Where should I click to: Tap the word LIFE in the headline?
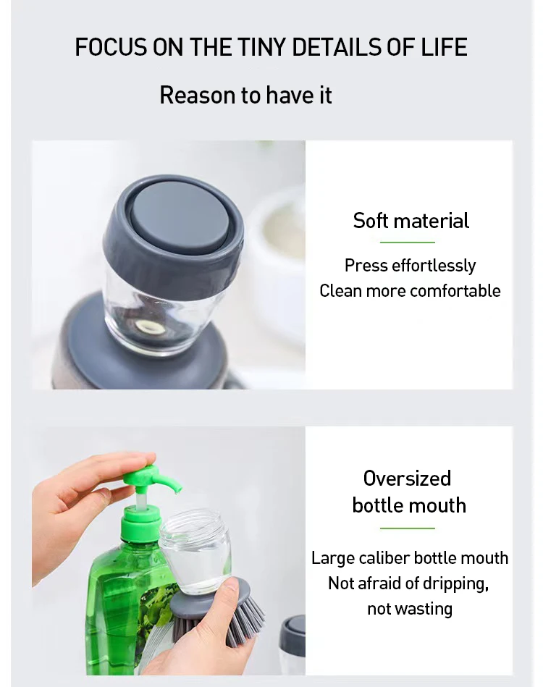pos(444,47)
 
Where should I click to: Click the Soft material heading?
pos(411,220)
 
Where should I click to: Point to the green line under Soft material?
pos(407,242)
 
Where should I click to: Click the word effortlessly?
pos(434,266)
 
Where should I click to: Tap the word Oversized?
pos(407,478)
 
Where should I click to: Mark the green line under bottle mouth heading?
pos(407,528)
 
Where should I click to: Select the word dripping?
pos(456,584)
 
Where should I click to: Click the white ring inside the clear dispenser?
pos(149,327)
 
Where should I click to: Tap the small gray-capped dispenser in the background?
pos(292,642)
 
